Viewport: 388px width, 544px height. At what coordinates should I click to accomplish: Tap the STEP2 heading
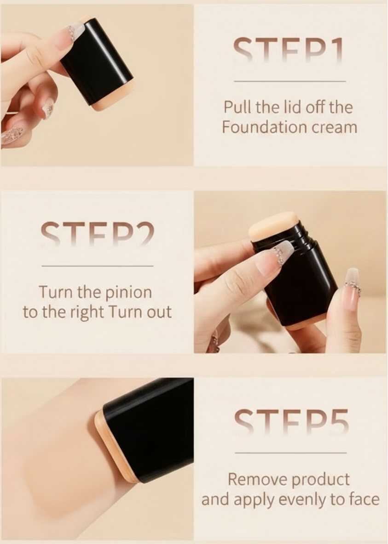coord(97,234)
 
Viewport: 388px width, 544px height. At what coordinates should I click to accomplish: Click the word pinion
coord(128,293)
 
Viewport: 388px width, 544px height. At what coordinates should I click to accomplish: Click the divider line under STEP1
coord(290,81)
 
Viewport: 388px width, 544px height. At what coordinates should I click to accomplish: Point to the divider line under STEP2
coord(98,266)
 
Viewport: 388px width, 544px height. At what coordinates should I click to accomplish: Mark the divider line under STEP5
coord(290,453)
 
